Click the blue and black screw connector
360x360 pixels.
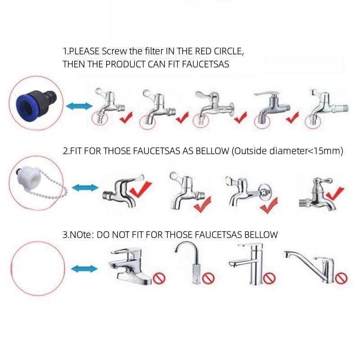click(36, 104)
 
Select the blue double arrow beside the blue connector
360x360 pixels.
click(79, 106)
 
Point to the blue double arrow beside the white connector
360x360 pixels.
click(85, 188)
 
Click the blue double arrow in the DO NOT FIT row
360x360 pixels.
click(84, 269)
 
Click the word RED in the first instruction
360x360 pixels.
click(203, 51)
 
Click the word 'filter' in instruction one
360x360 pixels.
click(154, 51)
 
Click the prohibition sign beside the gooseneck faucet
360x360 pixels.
click(208, 278)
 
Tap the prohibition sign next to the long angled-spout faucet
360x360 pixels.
click(341, 278)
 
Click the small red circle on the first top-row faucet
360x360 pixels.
click(99, 118)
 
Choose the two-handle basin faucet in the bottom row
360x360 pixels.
click(129, 266)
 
